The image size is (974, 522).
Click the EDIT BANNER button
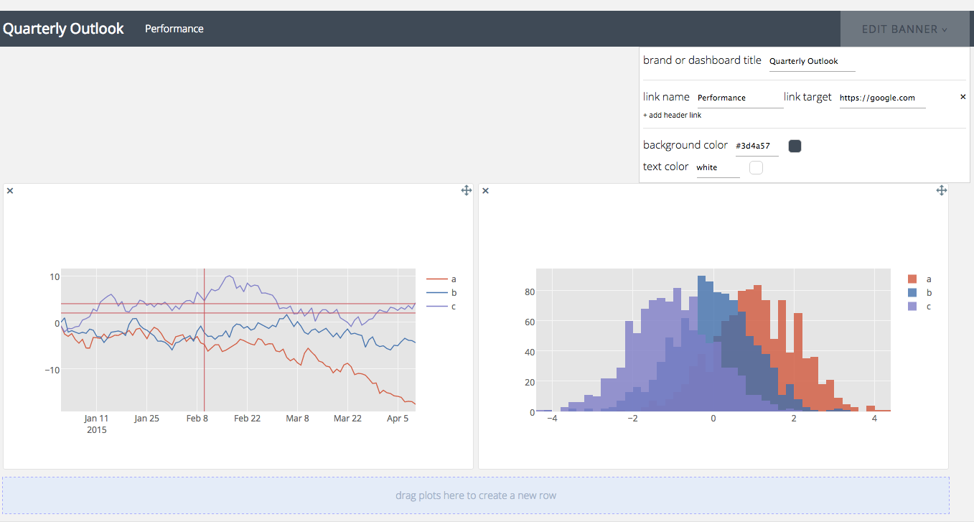pyautogui.click(x=904, y=29)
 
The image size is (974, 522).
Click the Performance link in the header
pyautogui.click(x=174, y=29)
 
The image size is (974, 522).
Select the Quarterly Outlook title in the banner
pyautogui.click(x=63, y=29)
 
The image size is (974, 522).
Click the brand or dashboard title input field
pyautogui.click(x=812, y=62)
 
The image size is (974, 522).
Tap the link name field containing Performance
pyautogui.click(x=740, y=98)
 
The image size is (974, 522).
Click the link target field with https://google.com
pyautogui.click(x=882, y=98)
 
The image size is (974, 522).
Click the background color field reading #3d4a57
pyautogui.click(x=757, y=146)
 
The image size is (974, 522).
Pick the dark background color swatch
pyautogui.click(x=795, y=146)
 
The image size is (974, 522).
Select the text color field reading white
pyautogui.click(x=718, y=168)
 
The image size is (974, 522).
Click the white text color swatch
pyautogui.click(x=756, y=168)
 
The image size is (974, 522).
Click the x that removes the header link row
pyautogui.click(x=963, y=97)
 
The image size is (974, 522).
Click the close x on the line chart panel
pyautogui.click(x=10, y=190)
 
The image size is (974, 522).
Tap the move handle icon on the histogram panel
pyautogui.click(x=942, y=190)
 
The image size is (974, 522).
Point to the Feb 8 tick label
pyautogui.click(x=197, y=418)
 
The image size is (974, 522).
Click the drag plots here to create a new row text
pyautogui.click(x=476, y=495)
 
